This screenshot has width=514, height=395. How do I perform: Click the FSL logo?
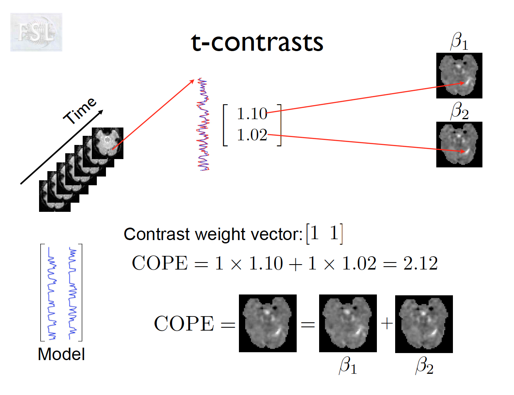[36, 32]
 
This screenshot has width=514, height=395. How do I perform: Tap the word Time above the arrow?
[80, 111]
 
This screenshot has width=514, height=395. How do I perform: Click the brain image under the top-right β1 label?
[459, 76]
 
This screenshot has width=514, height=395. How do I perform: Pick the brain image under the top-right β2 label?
[459, 145]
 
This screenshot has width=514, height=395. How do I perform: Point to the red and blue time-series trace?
[203, 125]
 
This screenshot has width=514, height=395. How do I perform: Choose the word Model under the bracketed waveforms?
[61, 354]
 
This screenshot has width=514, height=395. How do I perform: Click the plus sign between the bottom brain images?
[386, 324]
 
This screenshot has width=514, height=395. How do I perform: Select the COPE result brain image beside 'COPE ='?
[268, 323]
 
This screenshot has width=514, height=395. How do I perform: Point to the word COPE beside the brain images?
[184, 324]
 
